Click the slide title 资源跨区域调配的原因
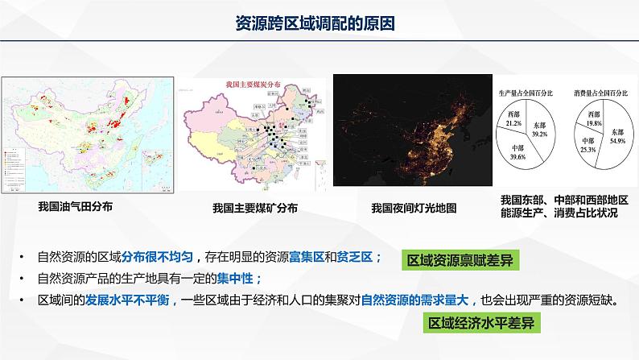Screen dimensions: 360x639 [x=319, y=24]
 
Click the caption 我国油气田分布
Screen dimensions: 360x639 [x=75, y=206]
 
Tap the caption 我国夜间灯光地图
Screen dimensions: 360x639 [x=414, y=208]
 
